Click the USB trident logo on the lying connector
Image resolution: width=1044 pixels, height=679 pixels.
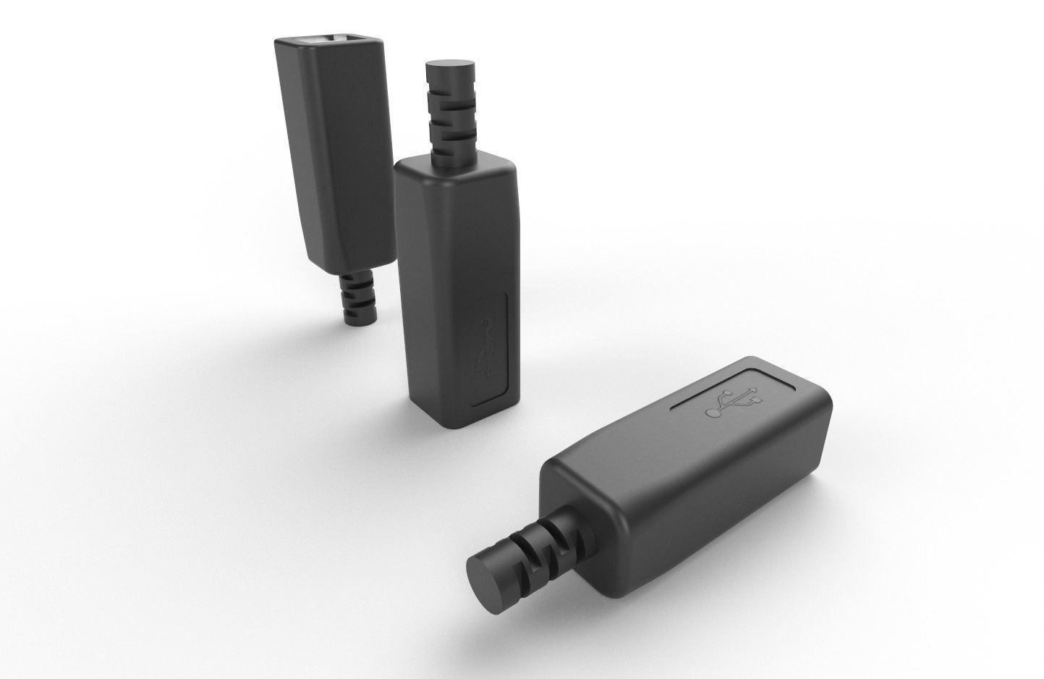coord(733,402)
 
